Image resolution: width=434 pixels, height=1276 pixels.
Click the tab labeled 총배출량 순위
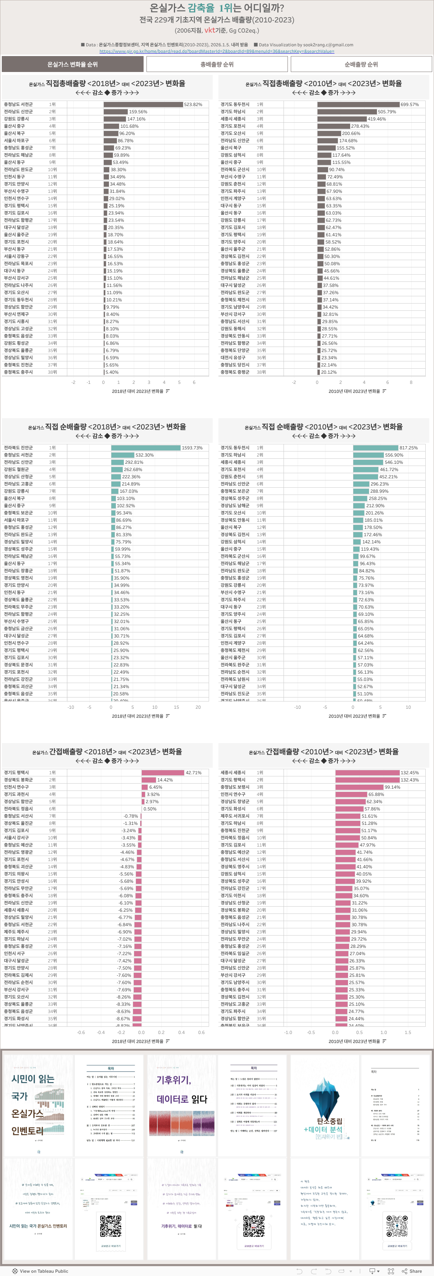pyautogui.click(x=217, y=64)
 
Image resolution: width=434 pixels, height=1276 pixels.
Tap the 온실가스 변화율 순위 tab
pyautogui.click(x=72, y=64)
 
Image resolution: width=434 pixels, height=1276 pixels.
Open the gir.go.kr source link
pyautogui.click(x=217, y=51)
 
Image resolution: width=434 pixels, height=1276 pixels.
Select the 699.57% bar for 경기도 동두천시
pyautogui.click(x=358, y=105)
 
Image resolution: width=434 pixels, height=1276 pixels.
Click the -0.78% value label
pyautogui.click(x=131, y=816)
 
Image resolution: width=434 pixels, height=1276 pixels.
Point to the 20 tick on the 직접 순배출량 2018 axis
pyautogui.click(x=198, y=707)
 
